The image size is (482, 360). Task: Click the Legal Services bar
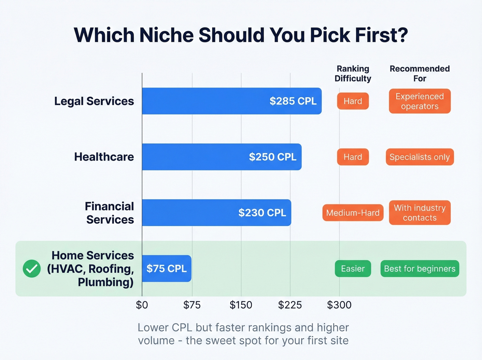pyautogui.click(x=231, y=101)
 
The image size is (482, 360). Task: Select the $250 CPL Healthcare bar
pyautogui.click(x=221, y=157)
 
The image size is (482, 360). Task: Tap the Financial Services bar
pyautogui.click(x=216, y=213)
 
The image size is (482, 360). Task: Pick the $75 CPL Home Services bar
pyautogui.click(x=167, y=268)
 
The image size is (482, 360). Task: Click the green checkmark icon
pyautogui.click(x=32, y=268)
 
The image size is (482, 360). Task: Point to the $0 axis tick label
pyautogui.click(x=142, y=305)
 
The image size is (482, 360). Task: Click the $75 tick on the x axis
pyautogui.click(x=192, y=305)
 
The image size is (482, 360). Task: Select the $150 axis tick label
pyautogui.click(x=241, y=305)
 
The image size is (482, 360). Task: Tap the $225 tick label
pyautogui.click(x=290, y=305)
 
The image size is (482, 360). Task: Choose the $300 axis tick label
pyautogui.click(x=339, y=305)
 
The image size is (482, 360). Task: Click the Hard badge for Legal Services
pyautogui.click(x=353, y=101)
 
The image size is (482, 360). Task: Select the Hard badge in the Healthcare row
pyautogui.click(x=353, y=157)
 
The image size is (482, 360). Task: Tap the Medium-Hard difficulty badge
pyautogui.click(x=353, y=213)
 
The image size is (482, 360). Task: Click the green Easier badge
pyautogui.click(x=353, y=268)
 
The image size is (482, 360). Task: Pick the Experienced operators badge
pyautogui.click(x=420, y=101)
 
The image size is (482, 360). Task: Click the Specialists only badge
pyautogui.click(x=420, y=157)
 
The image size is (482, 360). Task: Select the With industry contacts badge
pyautogui.click(x=420, y=213)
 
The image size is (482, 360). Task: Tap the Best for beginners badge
pyautogui.click(x=420, y=268)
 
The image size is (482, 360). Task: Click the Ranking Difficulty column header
pyautogui.click(x=353, y=73)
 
